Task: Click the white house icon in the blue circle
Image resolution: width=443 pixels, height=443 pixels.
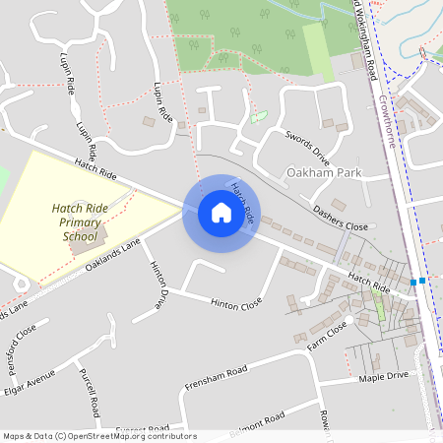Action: tap(221, 213)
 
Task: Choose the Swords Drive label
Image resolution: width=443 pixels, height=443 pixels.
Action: tap(307, 145)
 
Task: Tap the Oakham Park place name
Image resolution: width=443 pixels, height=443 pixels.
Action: tap(323, 173)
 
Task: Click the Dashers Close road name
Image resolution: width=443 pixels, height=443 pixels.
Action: tap(340, 219)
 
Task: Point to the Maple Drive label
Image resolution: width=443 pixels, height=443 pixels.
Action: tap(383, 376)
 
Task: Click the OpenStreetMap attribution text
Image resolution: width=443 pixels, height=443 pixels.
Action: tap(98, 436)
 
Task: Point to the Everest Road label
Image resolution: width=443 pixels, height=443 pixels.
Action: tap(142, 430)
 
